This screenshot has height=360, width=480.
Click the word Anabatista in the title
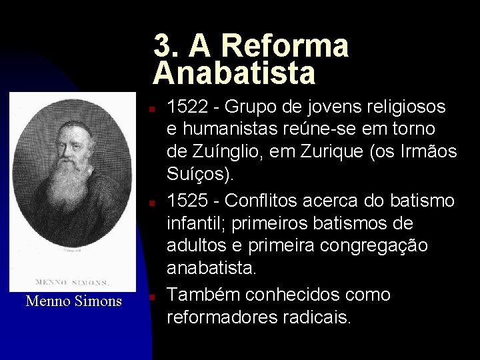[x=234, y=73]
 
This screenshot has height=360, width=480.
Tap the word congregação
[x=371, y=247]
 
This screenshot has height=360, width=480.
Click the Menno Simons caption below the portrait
[x=73, y=301]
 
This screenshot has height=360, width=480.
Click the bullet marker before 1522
[x=153, y=108]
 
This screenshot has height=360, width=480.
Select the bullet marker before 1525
[x=153, y=201]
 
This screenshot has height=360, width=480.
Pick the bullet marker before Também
[x=153, y=295]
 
